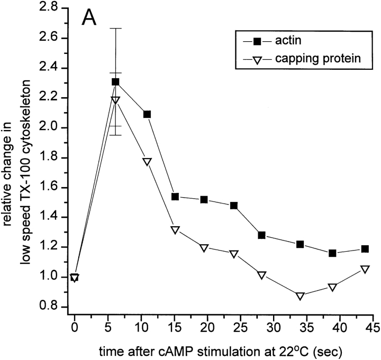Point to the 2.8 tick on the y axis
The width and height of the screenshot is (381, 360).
tap(53, 8)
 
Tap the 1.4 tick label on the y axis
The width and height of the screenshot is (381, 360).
tap(53, 217)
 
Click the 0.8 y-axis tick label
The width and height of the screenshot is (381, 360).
tap(53, 307)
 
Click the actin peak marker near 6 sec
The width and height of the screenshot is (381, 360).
tap(115, 82)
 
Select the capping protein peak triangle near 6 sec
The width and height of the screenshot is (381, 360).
tap(115, 100)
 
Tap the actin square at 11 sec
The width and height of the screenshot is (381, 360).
tap(147, 114)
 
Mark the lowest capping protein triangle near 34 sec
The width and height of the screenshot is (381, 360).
tap(301, 296)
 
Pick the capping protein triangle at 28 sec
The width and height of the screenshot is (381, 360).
tap(261, 275)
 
